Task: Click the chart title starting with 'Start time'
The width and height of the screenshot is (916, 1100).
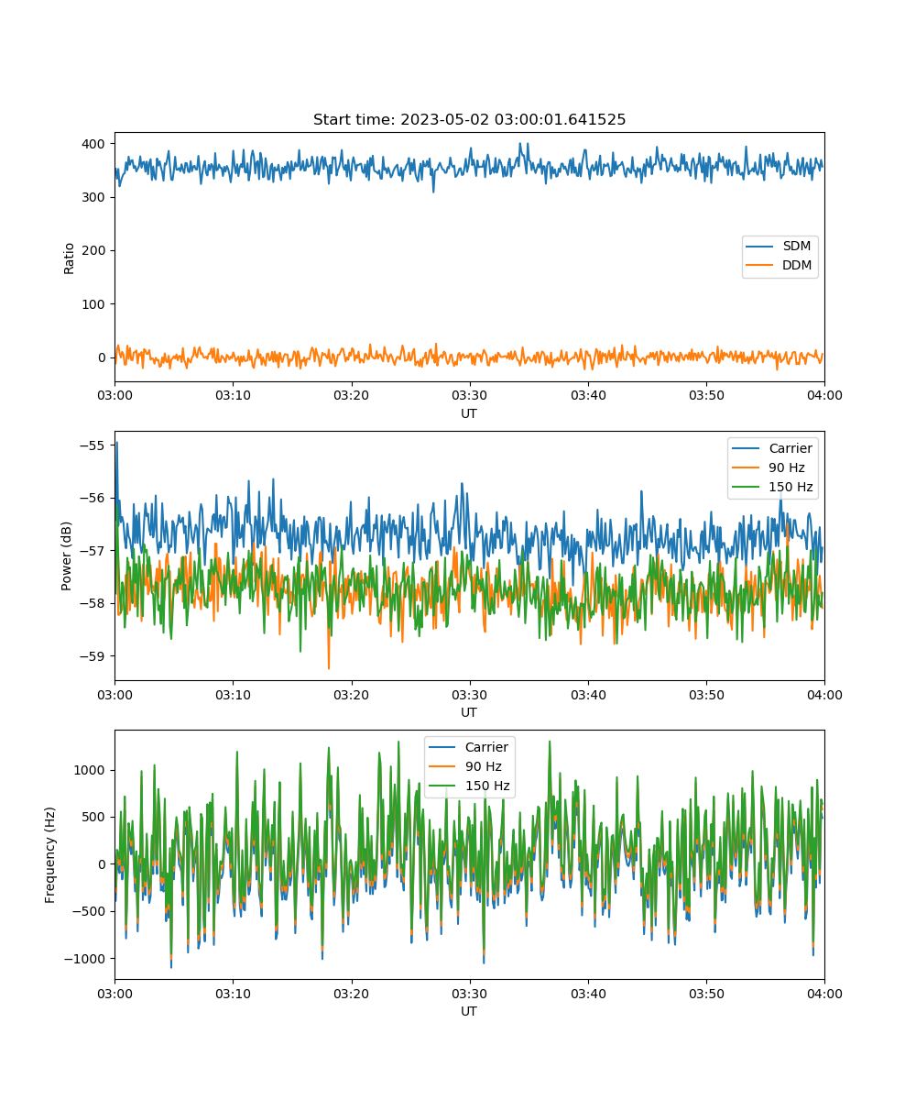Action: [x=469, y=119]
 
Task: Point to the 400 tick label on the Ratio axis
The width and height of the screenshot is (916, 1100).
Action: [x=93, y=144]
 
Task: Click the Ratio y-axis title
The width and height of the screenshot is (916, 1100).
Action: [x=69, y=258]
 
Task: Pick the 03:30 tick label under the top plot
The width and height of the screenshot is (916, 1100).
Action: [x=469, y=395]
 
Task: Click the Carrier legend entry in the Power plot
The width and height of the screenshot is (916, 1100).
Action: [x=772, y=448]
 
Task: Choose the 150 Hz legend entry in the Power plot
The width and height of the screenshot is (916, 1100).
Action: [x=772, y=487]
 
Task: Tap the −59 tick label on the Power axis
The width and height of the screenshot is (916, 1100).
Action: [x=93, y=656]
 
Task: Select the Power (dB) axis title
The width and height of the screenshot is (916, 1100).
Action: [x=66, y=556]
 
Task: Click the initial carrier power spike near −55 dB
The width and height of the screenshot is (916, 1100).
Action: [x=117, y=443]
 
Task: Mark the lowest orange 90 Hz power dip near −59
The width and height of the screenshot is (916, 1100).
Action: [x=329, y=668]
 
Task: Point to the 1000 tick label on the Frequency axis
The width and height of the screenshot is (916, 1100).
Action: [x=89, y=770]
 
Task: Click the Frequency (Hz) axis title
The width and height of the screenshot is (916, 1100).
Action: [x=50, y=855]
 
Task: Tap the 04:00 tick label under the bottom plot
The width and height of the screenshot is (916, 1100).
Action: [x=824, y=994]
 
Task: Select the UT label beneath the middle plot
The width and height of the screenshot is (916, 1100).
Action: [x=468, y=712]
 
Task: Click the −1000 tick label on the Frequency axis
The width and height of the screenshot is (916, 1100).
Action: [x=85, y=959]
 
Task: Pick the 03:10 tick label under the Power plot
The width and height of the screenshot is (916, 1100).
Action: [x=233, y=695]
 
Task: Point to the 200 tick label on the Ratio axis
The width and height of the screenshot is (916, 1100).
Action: [x=93, y=251]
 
